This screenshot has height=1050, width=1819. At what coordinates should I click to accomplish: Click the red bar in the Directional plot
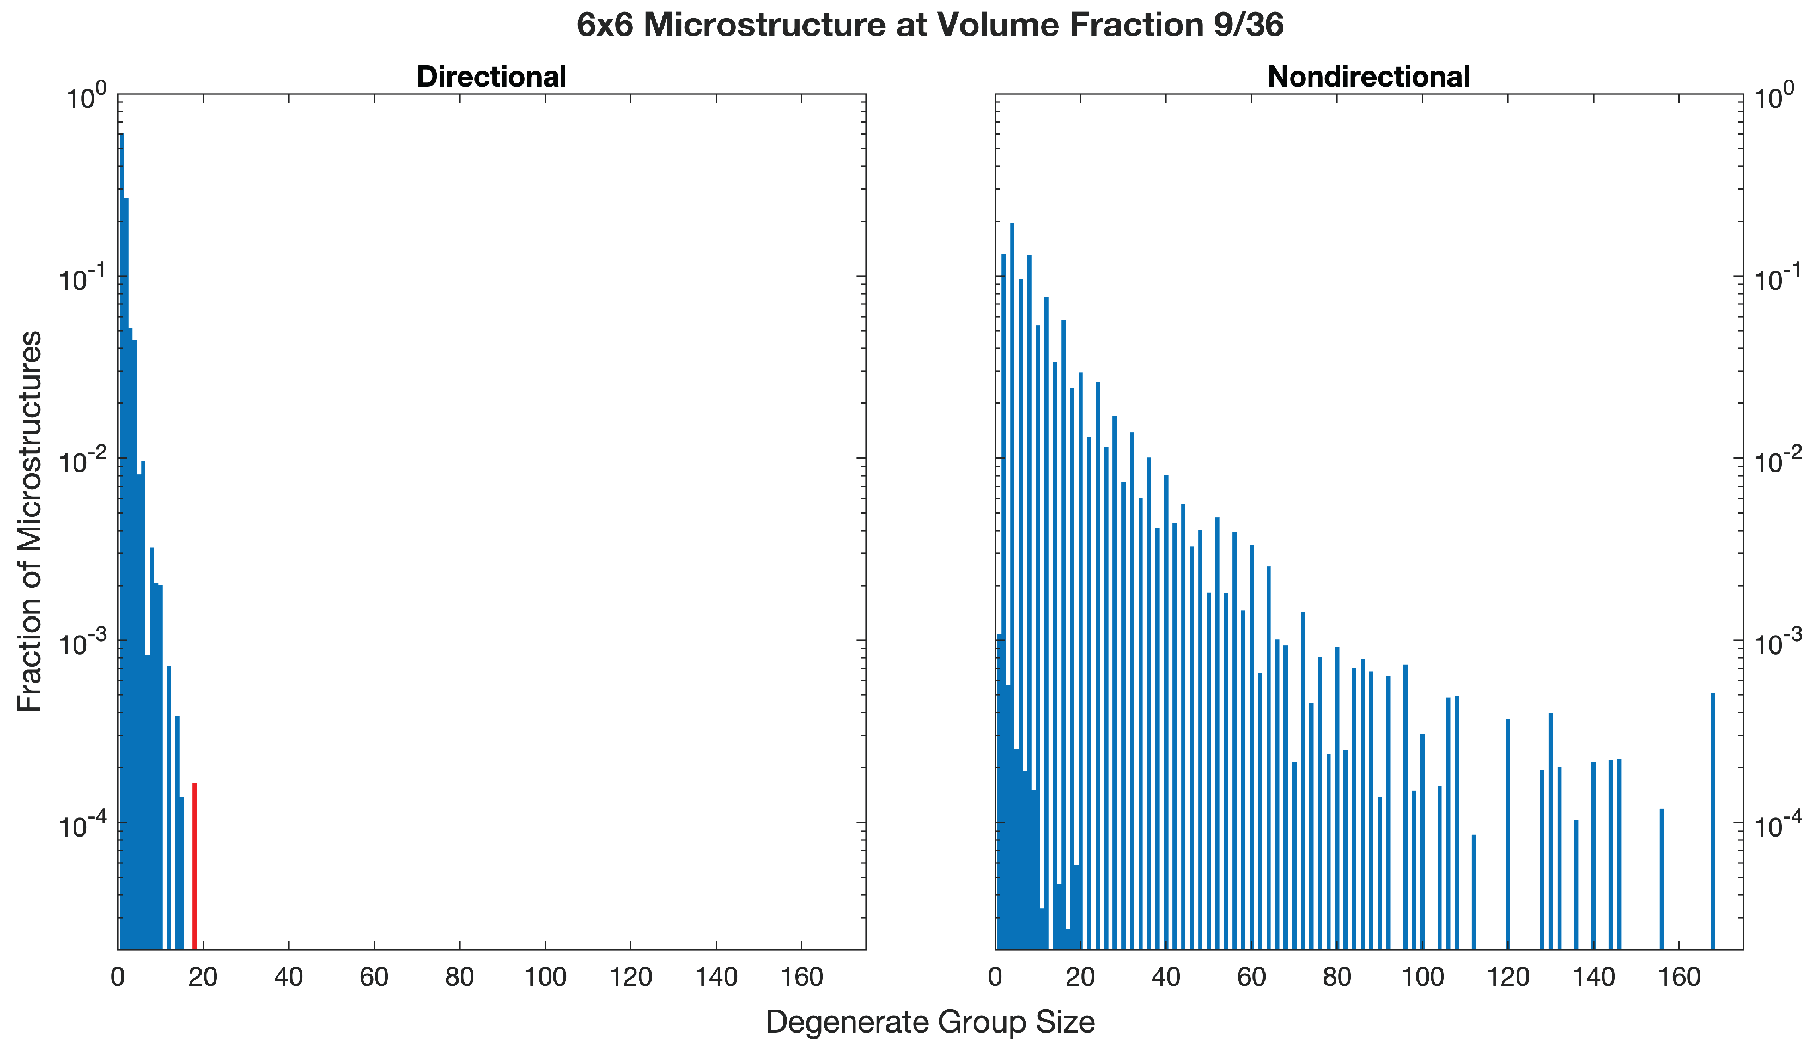point(194,865)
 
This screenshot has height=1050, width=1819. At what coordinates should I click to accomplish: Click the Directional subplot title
point(491,76)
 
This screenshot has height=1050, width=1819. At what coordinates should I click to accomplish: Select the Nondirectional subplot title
point(1368,76)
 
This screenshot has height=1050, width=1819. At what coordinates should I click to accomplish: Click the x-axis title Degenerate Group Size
point(930,1022)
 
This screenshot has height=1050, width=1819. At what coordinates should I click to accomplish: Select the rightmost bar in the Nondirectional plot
point(1713,822)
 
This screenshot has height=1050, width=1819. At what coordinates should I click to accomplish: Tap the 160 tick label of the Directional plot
point(801,977)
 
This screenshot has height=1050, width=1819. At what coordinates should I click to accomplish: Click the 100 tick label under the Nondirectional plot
point(1422,977)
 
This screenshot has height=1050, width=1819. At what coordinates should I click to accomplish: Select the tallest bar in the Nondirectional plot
point(1012,577)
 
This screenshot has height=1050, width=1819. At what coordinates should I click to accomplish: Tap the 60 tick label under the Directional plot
point(374,977)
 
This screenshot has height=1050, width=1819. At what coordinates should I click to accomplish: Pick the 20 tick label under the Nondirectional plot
point(1080,977)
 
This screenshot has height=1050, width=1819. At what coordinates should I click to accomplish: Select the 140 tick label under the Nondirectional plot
point(1593,977)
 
